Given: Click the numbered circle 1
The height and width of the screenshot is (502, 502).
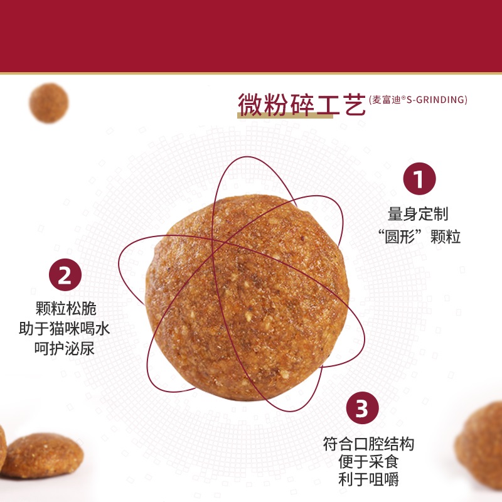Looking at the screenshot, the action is (419, 179).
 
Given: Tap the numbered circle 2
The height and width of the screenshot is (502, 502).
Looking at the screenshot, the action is (65, 275).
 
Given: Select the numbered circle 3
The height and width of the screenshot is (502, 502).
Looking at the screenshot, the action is (363, 408).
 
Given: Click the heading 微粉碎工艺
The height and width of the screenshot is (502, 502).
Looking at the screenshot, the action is (302, 104).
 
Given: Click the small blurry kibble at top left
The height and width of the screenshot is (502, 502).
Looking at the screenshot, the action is (49, 103).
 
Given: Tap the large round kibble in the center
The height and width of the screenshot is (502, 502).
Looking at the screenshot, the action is (247, 297).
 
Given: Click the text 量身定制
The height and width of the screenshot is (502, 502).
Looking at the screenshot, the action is (418, 214).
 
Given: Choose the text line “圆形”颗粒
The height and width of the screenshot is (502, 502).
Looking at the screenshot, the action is (419, 237).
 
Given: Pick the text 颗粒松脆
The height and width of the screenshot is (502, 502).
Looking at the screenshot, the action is (66, 308).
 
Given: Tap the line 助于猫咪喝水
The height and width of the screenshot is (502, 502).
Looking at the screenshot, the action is (65, 328).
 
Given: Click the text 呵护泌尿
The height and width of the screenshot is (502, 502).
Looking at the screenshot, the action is (65, 348).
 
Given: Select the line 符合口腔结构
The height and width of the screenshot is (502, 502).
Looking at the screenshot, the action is (368, 444).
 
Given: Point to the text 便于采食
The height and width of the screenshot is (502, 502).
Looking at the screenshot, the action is (368, 462).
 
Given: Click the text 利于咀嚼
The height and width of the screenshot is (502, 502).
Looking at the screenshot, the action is (368, 479).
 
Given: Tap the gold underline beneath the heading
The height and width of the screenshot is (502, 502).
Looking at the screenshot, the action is (286, 116).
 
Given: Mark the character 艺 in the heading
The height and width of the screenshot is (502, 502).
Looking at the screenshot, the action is (354, 104).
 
